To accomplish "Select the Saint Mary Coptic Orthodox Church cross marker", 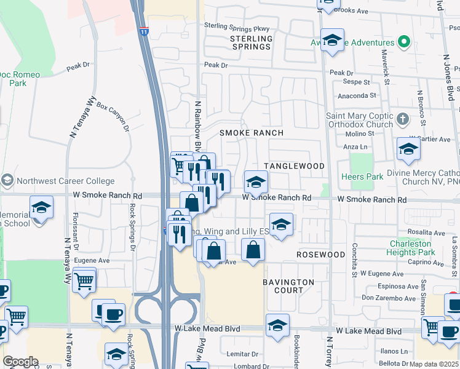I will point(402,119).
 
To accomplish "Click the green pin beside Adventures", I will point(403,42).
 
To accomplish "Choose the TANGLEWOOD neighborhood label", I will point(294,166).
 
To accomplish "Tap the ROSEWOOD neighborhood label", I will point(320,254).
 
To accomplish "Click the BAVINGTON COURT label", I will point(288,286).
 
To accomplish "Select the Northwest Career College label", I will point(65,181).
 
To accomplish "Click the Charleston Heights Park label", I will point(412,248).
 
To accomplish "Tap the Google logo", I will point(20,362).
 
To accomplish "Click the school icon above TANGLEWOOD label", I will point(408,148).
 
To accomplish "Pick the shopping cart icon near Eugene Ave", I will point(84,280).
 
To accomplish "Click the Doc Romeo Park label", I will point(20,78).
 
